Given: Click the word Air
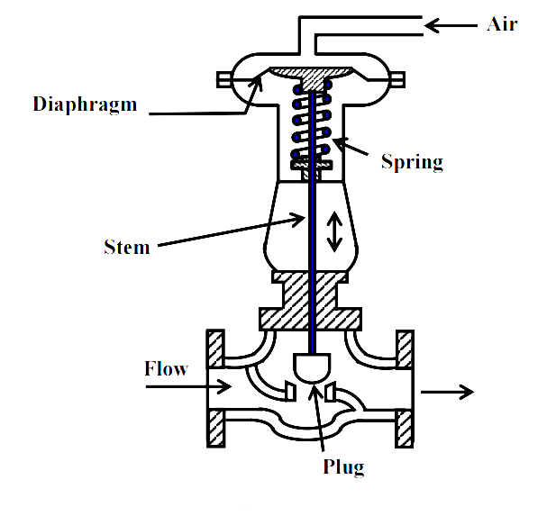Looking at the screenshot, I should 502,24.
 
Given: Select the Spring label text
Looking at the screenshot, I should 411,162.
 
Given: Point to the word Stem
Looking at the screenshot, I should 126,245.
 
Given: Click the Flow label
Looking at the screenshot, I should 166,368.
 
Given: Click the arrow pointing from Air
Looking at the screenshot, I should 450,26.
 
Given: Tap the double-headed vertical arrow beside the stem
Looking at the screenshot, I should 334,231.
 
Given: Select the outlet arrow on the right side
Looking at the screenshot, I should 445,391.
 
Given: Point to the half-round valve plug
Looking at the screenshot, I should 313,366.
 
